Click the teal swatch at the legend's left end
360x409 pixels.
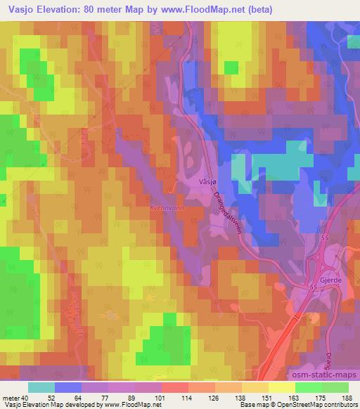pyautogui.click(x=41, y=387)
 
